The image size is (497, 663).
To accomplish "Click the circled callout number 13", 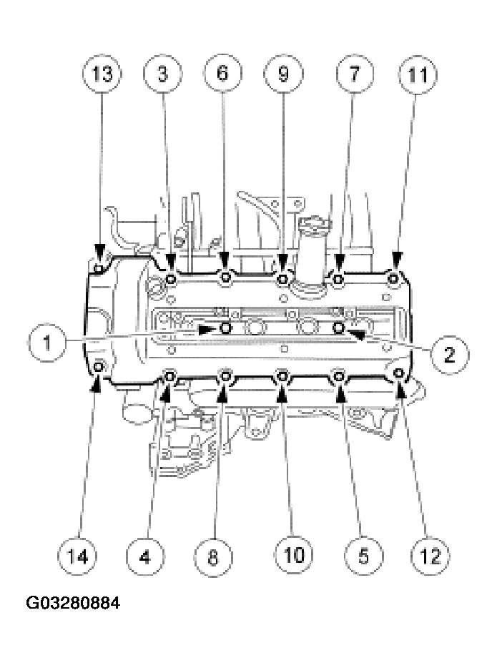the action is pyautogui.click(x=102, y=74).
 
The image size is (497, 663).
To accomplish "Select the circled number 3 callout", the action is pyautogui.click(x=163, y=74).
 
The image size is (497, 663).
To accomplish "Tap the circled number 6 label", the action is pyautogui.click(x=222, y=73).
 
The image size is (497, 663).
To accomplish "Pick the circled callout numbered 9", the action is pyautogui.click(x=283, y=74).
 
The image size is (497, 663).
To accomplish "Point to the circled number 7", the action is pyautogui.click(x=355, y=74).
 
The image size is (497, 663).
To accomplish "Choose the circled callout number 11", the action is pyautogui.click(x=418, y=75).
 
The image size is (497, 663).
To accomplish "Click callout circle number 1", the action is pyautogui.click(x=47, y=342).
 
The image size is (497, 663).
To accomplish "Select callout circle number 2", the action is pyautogui.click(x=449, y=354).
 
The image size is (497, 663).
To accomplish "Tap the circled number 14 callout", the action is pyautogui.click(x=77, y=556).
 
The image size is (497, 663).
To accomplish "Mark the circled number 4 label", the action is pyautogui.click(x=145, y=556).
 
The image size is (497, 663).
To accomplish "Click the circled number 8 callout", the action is pyautogui.click(x=213, y=556).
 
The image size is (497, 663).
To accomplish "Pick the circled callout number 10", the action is pyautogui.click(x=294, y=554).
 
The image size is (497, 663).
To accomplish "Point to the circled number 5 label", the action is pyautogui.click(x=363, y=556).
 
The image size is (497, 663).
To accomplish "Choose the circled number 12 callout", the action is pyautogui.click(x=430, y=556).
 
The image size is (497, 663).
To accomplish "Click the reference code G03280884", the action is pyautogui.click(x=73, y=603).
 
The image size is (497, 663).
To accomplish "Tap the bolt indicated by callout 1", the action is pyautogui.click(x=226, y=328).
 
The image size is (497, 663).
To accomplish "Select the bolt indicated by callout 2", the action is pyautogui.click(x=340, y=327).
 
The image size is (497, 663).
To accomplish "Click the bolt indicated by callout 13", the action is pyautogui.click(x=99, y=269).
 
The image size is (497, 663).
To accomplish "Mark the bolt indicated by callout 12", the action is pyautogui.click(x=398, y=373).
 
